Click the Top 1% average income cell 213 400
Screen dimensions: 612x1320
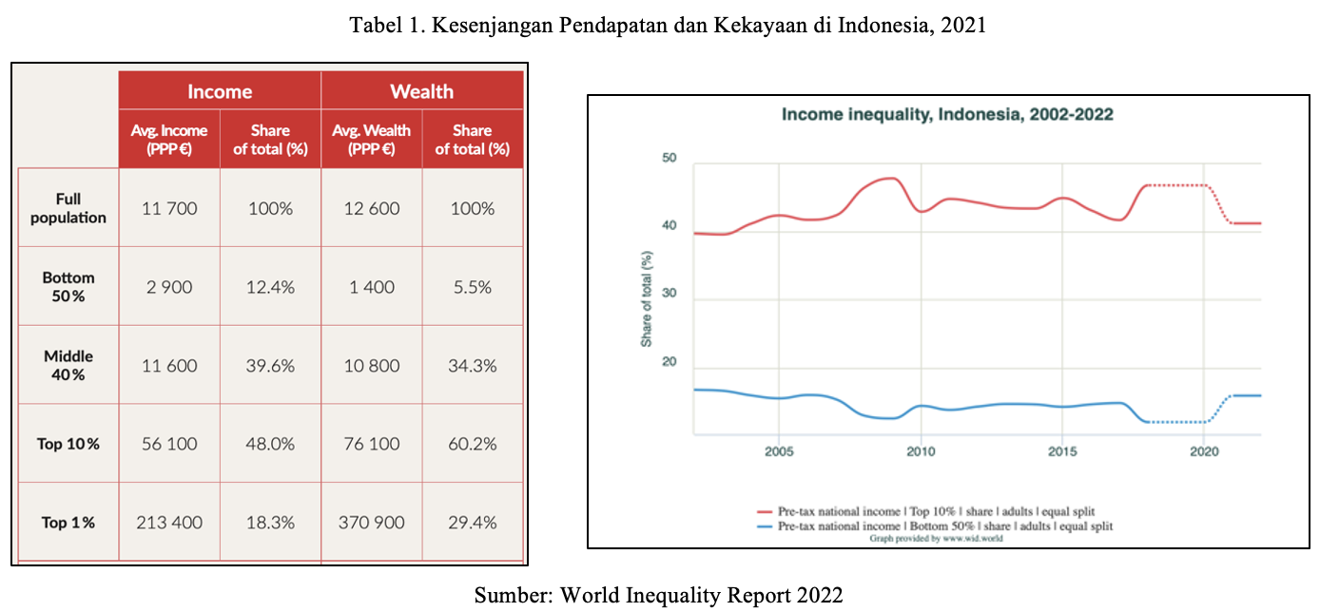pyautogui.click(x=169, y=523)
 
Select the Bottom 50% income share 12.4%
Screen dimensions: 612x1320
pyautogui.click(x=270, y=287)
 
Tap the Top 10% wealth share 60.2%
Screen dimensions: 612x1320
pyautogui.click(x=472, y=444)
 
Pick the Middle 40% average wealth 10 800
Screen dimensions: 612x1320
pyautogui.click(x=371, y=366)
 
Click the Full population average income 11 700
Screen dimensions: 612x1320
pyautogui.click(x=169, y=208)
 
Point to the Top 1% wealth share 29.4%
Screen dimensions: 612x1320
pyautogui.click(x=472, y=523)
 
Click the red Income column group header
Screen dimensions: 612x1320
pyautogui.click(x=220, y=91)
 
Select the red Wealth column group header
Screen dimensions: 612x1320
pyautogui.click(x=421, y=91)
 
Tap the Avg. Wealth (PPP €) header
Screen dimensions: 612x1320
pyautogui.click(x=371, y=139)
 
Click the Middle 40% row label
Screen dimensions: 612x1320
pyautogui.click(x=68, y=366)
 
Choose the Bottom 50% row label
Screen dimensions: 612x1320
pyautogui.click(x=68, y=287)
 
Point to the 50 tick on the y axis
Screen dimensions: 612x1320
pyautogui.click(x=669, y=158)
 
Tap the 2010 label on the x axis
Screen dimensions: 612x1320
pyautogui.click(x=920, y=450)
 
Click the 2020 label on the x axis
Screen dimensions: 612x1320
pyautogui.click(x=1204, y=450)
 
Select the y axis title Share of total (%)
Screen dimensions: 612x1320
pyautogui.click(x=647, y=298)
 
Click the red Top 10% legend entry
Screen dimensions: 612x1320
pyautogui.click(x=934, y=512)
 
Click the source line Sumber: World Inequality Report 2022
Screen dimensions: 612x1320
pyautogui.click(x=658, y=596)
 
